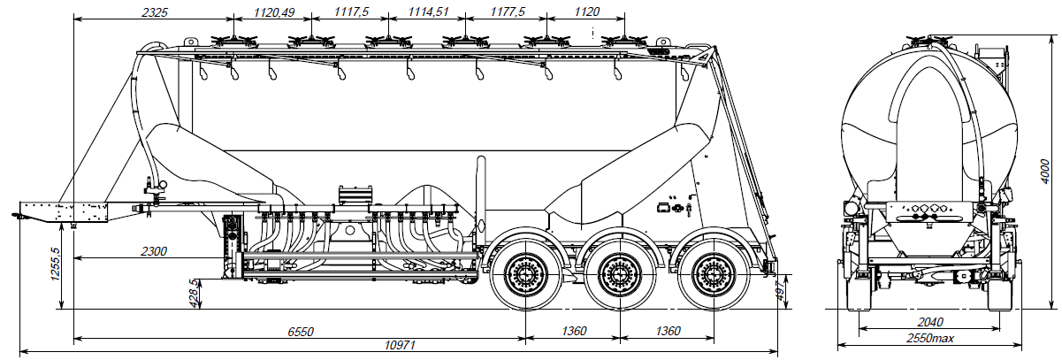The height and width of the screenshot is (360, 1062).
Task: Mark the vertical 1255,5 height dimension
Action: click(x=55, y=263)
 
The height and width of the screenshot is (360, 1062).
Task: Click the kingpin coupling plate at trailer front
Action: click(x=62, y=212)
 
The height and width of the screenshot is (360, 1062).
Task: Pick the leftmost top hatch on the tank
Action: click(x=233, y=40)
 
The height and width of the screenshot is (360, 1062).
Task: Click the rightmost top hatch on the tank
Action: click(x=624, y=40)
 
